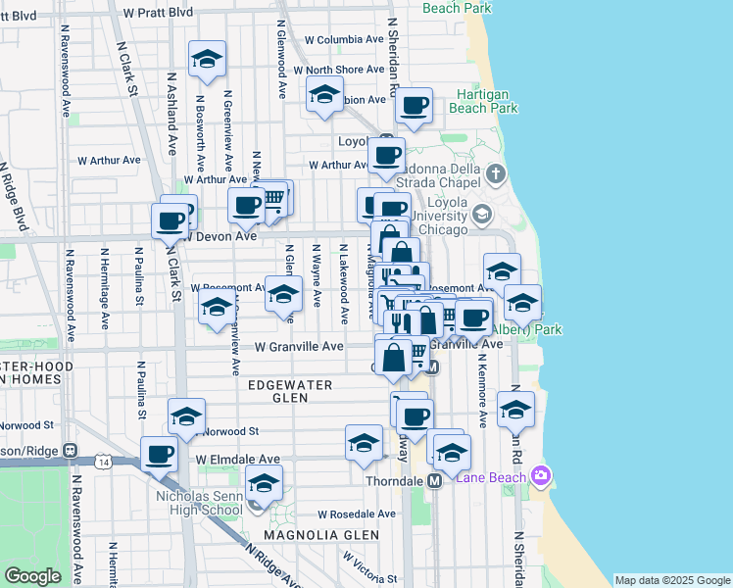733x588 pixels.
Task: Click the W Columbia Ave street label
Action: pyautogui.click(x=345, y=40)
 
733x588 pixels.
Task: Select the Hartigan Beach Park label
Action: pyautogui.click(x=484, y=102)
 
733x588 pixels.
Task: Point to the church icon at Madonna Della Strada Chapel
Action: pyautogui.click(x=496, y=176)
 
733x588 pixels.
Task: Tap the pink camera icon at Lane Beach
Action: pyautogui.click(x=539, y=476)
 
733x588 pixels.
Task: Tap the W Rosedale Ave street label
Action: pyautogui.click(x=356, y=514)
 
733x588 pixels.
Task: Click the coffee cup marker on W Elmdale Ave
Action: pyautogui.click(x=160, y=455)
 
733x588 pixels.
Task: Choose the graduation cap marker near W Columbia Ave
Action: pyautogui.click(x=207, y=60)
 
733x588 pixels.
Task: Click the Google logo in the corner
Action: pyautogui.click(x=32, y=576)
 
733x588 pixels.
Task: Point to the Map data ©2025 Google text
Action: pyautogui.click(x=672, y=580)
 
